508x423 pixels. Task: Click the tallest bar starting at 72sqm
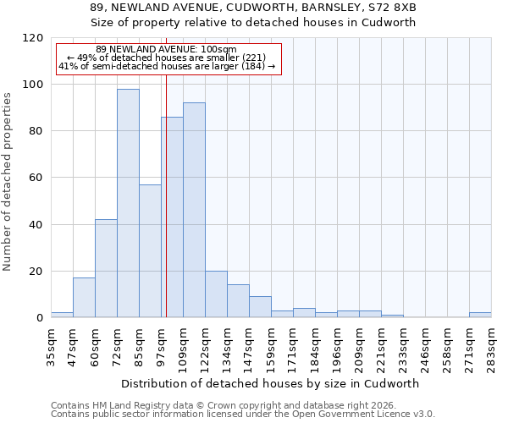pos(128,203)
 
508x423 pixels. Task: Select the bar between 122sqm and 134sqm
pos(216,294)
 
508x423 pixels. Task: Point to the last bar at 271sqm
pos(480,315)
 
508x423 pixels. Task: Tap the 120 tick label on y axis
pos(33,38)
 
